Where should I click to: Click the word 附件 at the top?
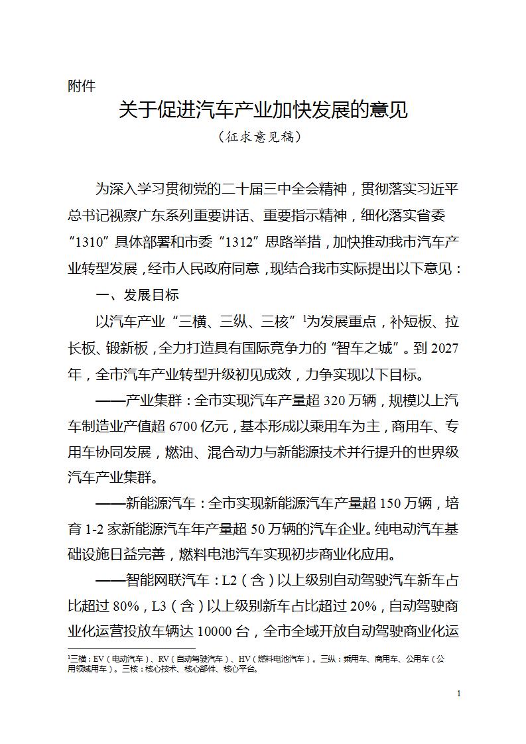point(82,86)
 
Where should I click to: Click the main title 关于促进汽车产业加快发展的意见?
point(263,109)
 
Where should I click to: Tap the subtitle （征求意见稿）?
point(263,137)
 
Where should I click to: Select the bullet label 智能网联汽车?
point(168,582)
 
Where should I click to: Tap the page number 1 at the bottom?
point(459,694)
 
